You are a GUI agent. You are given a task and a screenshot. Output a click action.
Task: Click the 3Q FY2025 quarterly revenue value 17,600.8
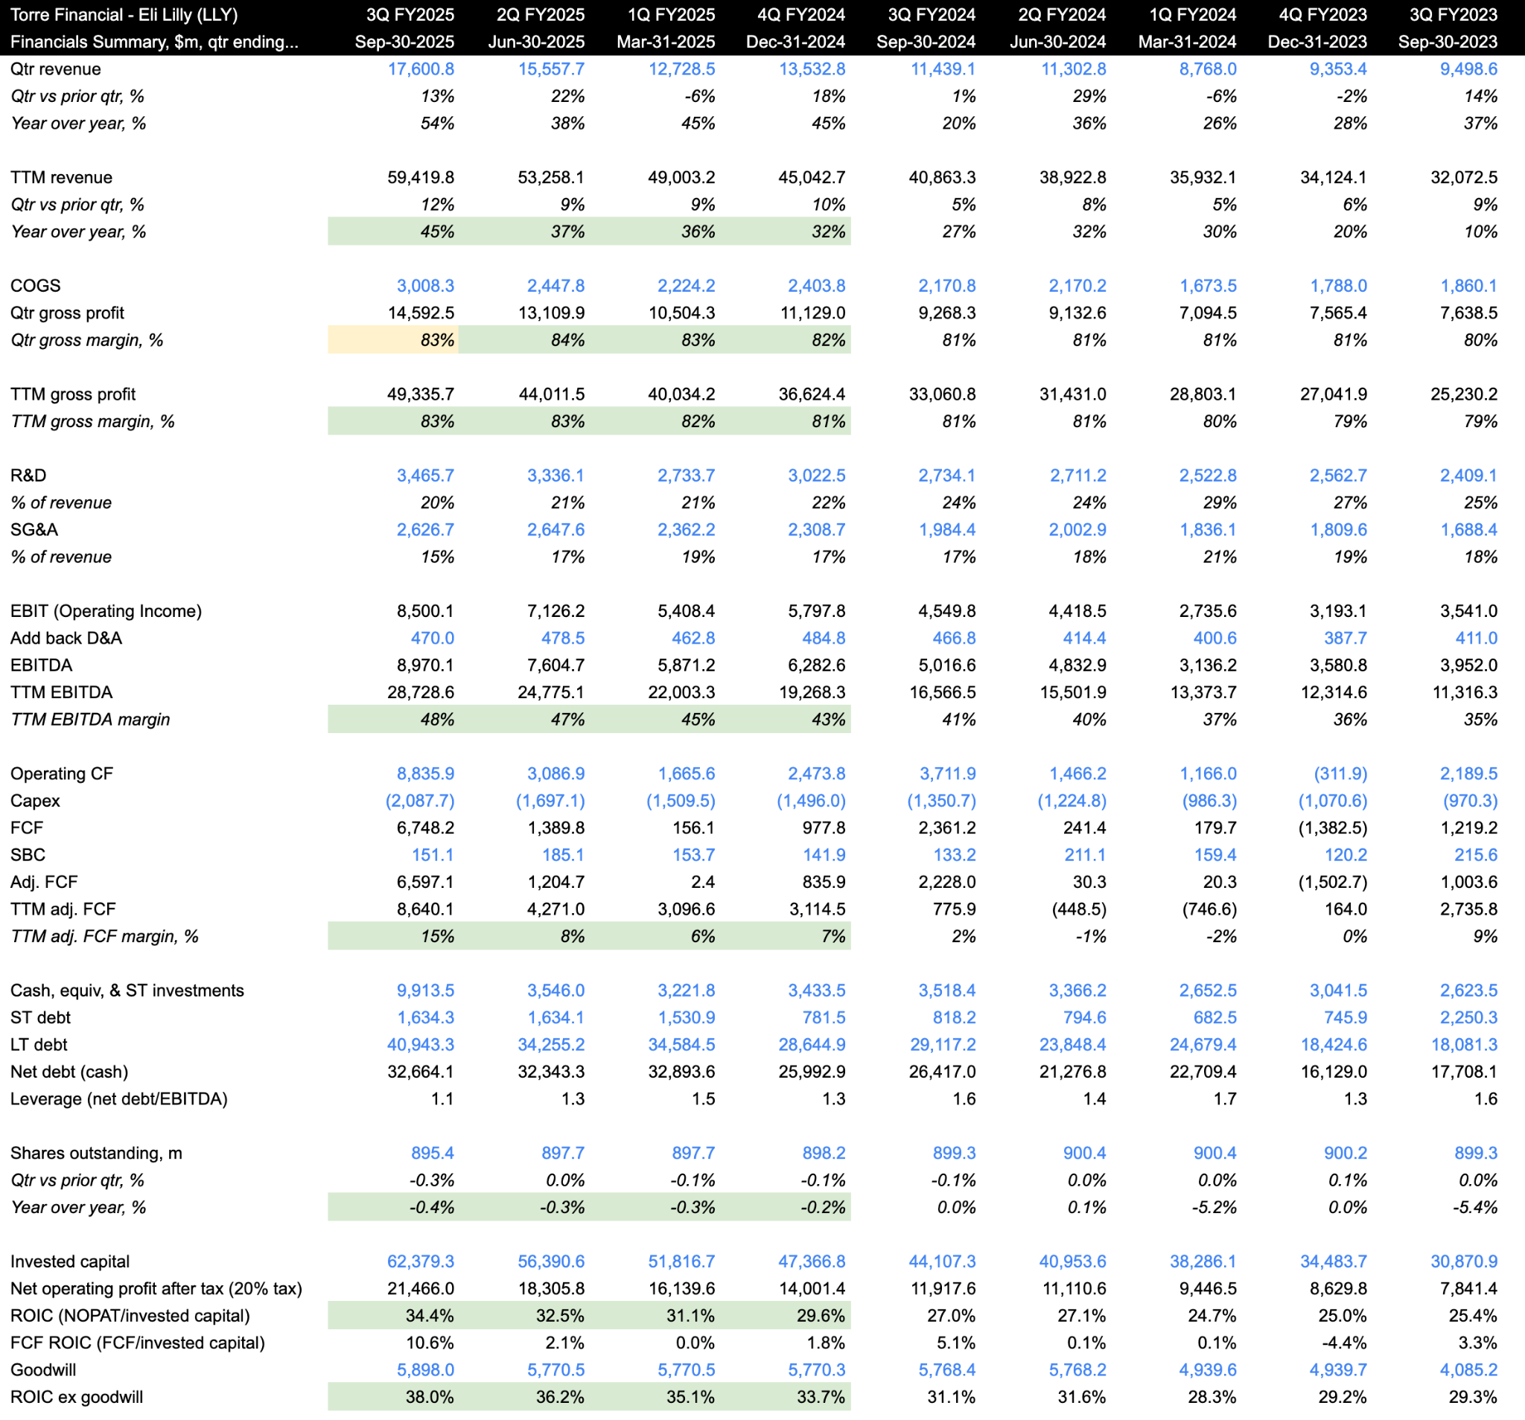point(421,69)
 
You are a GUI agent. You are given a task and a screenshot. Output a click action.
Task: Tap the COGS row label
point(35,286)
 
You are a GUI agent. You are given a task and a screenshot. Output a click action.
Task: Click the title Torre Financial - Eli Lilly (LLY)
point(124,15)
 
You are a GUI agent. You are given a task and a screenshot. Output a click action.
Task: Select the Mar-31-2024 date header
point(1187,42)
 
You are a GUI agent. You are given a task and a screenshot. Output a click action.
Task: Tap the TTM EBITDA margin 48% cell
point(437,719)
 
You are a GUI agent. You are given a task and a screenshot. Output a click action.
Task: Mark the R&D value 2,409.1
point(1468,476)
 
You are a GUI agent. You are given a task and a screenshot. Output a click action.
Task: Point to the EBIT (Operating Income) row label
point(106,611)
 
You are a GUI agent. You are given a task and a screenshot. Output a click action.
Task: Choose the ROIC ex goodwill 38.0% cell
point(430,1397)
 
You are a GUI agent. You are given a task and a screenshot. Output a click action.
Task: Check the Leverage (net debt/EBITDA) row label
point(119,1098)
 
